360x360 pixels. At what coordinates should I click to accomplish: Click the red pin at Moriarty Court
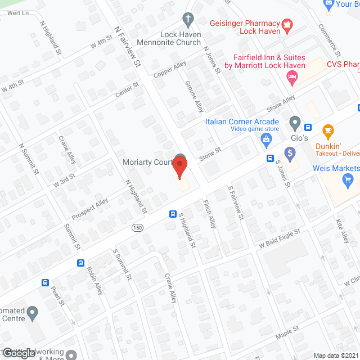(x=179, y=167)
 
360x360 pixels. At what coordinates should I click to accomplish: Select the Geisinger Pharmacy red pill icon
(x=287, y=24)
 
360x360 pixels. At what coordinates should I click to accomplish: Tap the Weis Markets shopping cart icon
(x=348, y=180)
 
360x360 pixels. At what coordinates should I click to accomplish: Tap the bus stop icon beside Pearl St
(x=44, y=282)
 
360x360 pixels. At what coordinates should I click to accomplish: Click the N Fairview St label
(x=127, y=47)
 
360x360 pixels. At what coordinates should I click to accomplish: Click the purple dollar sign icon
(x=290, y=152)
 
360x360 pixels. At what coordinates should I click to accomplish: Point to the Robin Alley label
(x=95, y=280)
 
